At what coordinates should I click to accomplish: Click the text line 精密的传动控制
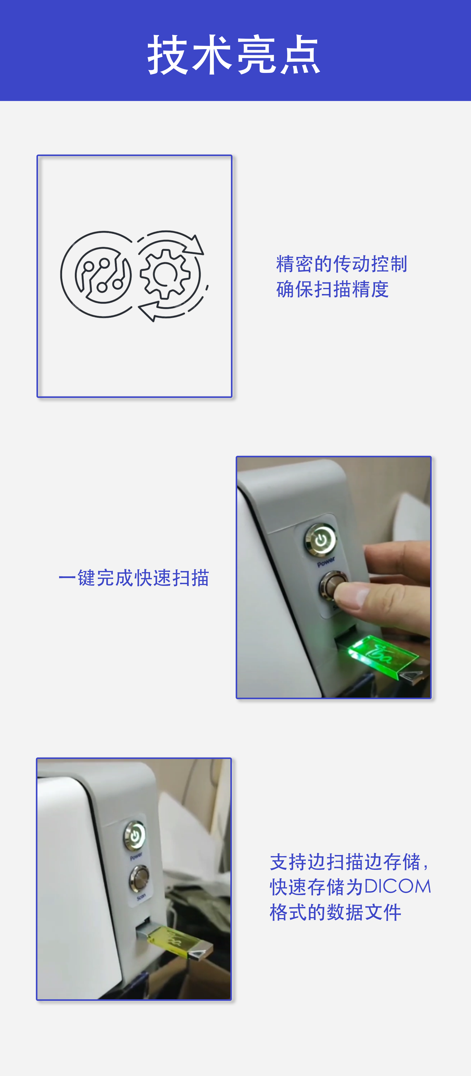[341, 264]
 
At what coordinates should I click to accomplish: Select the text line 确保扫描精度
[332, 289]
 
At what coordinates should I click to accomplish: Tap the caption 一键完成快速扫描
[134, 578]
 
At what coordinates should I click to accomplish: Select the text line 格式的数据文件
[335, 912]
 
